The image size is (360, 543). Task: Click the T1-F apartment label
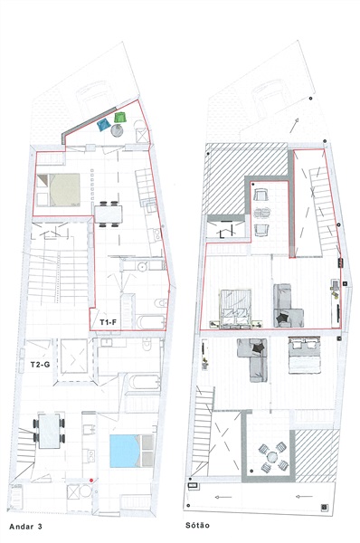108,322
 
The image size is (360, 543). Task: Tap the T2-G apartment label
40,365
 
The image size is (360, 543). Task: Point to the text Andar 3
25,527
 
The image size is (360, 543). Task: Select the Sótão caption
197,525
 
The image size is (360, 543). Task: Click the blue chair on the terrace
103,125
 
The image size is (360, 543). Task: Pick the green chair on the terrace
119,118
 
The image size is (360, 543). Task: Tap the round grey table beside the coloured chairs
117,130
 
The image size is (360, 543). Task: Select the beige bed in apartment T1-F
58,190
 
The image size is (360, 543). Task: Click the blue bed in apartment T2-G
131,451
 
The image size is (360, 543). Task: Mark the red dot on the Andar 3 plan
91,480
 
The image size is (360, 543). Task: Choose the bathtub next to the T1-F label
150,322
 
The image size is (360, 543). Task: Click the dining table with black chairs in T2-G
49,431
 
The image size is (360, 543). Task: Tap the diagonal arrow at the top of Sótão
294,126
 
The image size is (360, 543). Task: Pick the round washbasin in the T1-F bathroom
142,266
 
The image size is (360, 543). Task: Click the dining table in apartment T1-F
109,214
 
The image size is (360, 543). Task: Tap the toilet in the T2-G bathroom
147,345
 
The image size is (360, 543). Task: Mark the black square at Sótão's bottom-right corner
324,508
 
